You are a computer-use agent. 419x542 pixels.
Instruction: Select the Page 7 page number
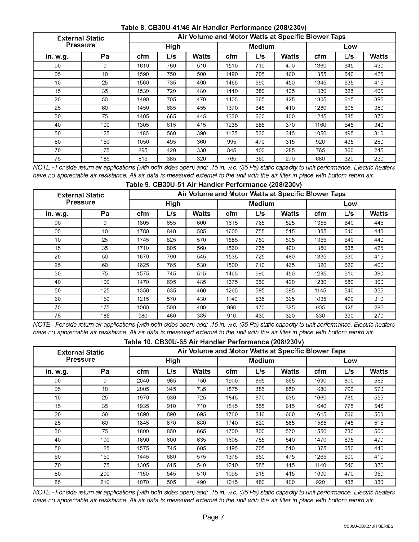[x=213, y=517]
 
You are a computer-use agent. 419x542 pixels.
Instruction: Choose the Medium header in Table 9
[x=262, y=204]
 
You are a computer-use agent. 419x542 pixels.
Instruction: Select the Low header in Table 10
[x=350, y=361]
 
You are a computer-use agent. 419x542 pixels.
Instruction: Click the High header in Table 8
[x=173, y=47]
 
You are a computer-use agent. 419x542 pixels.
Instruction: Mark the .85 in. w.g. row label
[x=57, y=482]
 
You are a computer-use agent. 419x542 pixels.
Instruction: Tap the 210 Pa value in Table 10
[x=105, y=482]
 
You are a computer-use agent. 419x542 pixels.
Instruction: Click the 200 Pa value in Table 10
[x=105, y=474]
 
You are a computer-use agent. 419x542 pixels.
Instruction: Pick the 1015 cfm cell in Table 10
[x=232, y=482]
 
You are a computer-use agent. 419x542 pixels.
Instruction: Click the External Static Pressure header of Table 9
[x=80, y=199]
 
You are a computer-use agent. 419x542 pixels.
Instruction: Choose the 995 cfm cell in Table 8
[x=232, y=142]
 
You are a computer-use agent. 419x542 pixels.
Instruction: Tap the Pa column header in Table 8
[x=105, y=56]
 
